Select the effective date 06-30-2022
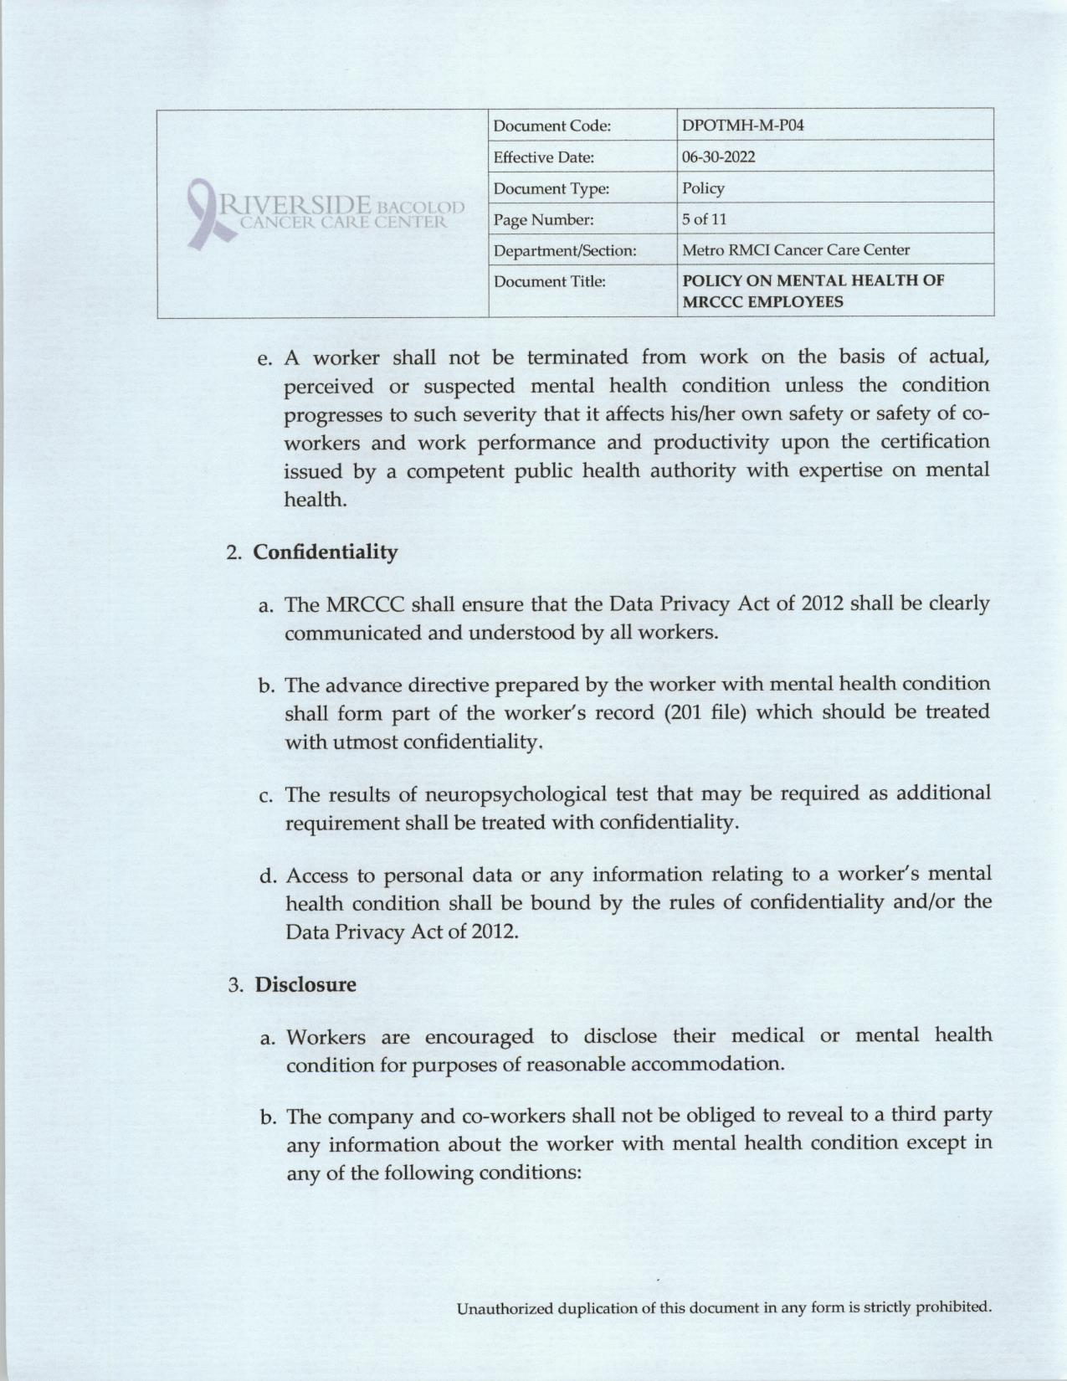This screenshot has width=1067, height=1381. coord(719,157)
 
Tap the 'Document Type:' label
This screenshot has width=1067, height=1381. coord(551,189)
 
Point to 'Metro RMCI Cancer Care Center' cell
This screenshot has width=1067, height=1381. coord(796,249)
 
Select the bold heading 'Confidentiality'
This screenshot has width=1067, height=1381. coord(326,552)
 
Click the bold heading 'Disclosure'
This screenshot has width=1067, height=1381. coord(305,984)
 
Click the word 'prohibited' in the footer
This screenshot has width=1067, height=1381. coord(952,1307)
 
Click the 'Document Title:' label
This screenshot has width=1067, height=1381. coord(549,281)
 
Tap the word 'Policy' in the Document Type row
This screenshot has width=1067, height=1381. coord(703,188)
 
